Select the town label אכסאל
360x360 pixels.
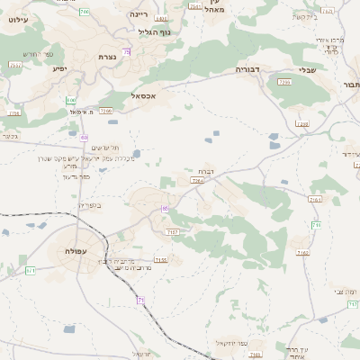click(x=145, y=95)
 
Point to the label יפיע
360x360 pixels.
click(x=59, y=68)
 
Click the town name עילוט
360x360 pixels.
click(x=20, y=19)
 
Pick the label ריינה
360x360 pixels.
click(x=139, y=15)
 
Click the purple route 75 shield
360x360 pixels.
click(x=127, y=52)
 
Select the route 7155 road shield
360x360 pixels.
click(x=160, y=260)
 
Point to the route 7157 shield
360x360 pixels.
click(x=173, y=232)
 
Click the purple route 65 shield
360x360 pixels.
click(x=166, y=208)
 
